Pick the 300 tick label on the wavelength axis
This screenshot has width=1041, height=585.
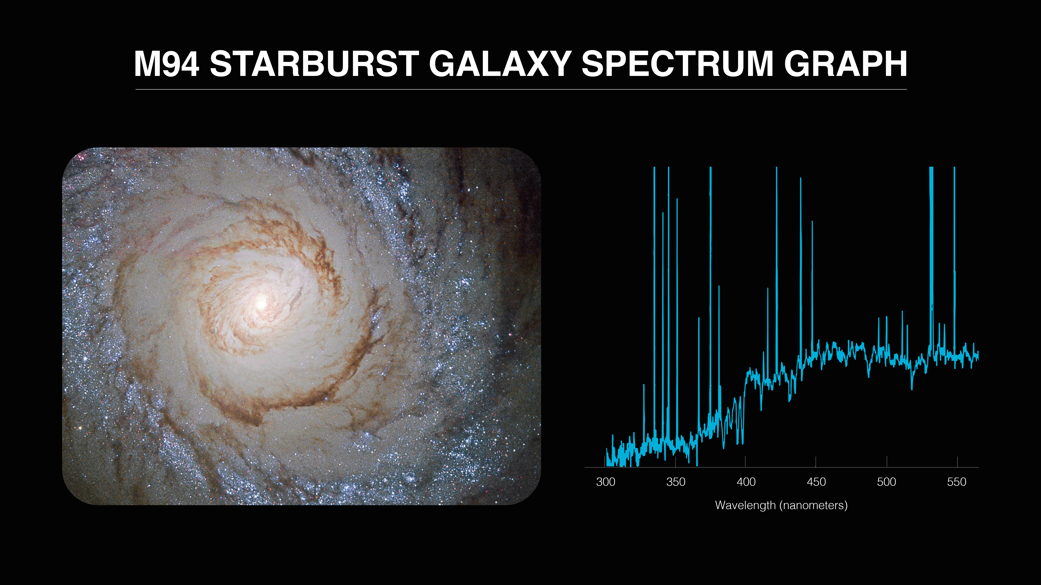pos(605,482)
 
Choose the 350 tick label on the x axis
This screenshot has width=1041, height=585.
pos(676,482)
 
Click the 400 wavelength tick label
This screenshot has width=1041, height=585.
pos(746,482)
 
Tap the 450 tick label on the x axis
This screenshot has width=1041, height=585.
pos(816,482)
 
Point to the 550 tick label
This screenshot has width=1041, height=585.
pos(957,482)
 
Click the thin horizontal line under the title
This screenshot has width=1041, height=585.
pos(521,89)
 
